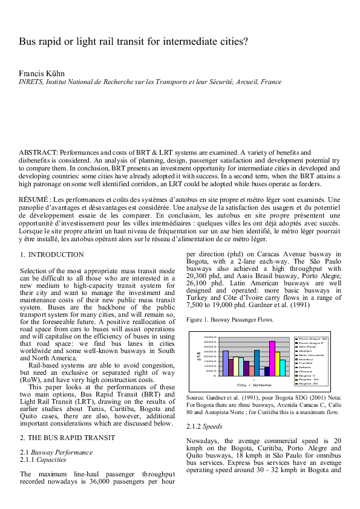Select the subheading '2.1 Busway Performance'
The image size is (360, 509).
coord(56,435)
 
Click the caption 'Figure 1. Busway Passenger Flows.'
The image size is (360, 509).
coord(230,319)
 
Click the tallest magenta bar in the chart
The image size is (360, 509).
coord(272,358)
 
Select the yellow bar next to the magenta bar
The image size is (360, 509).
coord(278,364)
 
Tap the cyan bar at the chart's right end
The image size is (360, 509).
coord(283,368)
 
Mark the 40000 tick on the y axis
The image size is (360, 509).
coord(209,337)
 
